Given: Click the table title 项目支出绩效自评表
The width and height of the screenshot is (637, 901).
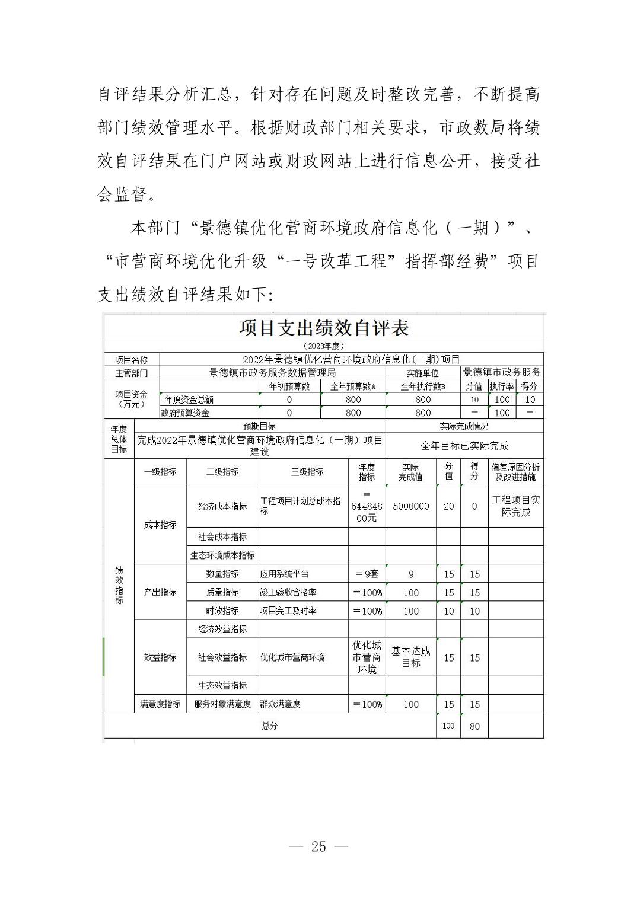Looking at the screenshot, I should click(324, 328).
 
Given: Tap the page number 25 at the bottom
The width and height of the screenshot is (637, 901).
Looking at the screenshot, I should click(318, 846).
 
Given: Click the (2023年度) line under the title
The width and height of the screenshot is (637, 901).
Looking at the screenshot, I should click(324, 346).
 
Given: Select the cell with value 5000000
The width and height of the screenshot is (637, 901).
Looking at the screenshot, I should click(411, 506).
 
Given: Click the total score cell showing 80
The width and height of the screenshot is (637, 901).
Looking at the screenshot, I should click(474, 726).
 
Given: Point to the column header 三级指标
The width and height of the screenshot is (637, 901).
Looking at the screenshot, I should click(307, 472).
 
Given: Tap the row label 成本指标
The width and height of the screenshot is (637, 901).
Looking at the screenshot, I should click(160, 525).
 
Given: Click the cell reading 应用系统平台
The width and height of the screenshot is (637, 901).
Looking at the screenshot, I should click(285, 574).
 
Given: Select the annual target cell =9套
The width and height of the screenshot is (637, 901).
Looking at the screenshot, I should click(367, 574).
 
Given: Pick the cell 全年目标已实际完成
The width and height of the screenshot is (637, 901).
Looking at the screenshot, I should click(464, 446).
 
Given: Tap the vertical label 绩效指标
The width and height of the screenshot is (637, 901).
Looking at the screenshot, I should click(119, 585).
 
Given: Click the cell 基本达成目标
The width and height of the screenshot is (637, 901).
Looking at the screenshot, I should click(411, 657).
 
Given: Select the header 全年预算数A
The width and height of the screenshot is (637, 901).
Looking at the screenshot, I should click(353, 386).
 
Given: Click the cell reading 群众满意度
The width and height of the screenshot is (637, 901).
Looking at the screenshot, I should click(281, 704).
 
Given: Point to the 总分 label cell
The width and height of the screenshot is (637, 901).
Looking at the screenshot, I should click(270, 726).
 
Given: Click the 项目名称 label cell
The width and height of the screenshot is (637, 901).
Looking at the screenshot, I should click(132, 360).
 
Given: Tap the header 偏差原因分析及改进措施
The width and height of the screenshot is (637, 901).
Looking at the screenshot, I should click(515, 472).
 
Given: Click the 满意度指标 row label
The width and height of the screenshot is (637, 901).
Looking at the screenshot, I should click(160, 704).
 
